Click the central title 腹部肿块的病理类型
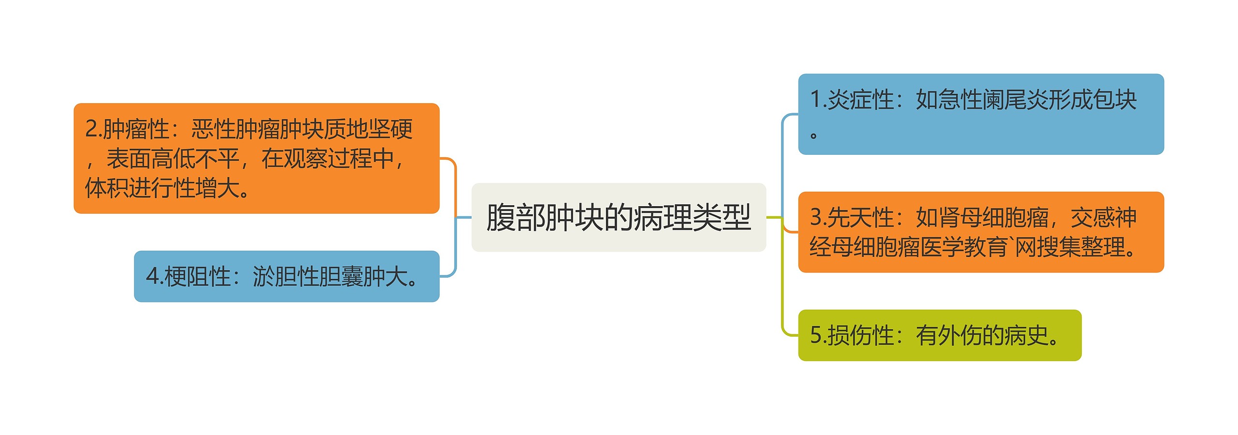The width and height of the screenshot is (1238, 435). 618,217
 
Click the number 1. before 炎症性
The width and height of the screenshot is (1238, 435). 818,100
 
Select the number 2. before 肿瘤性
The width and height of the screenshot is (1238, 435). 93,129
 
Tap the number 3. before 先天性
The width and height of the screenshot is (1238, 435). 818,217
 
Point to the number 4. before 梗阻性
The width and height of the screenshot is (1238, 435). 154,276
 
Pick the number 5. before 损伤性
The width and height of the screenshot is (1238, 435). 818,335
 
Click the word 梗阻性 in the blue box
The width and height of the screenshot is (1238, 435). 197,276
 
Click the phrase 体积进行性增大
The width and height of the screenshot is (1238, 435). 162,188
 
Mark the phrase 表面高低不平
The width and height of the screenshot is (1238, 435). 173,159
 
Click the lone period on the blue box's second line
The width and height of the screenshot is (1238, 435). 813,135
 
